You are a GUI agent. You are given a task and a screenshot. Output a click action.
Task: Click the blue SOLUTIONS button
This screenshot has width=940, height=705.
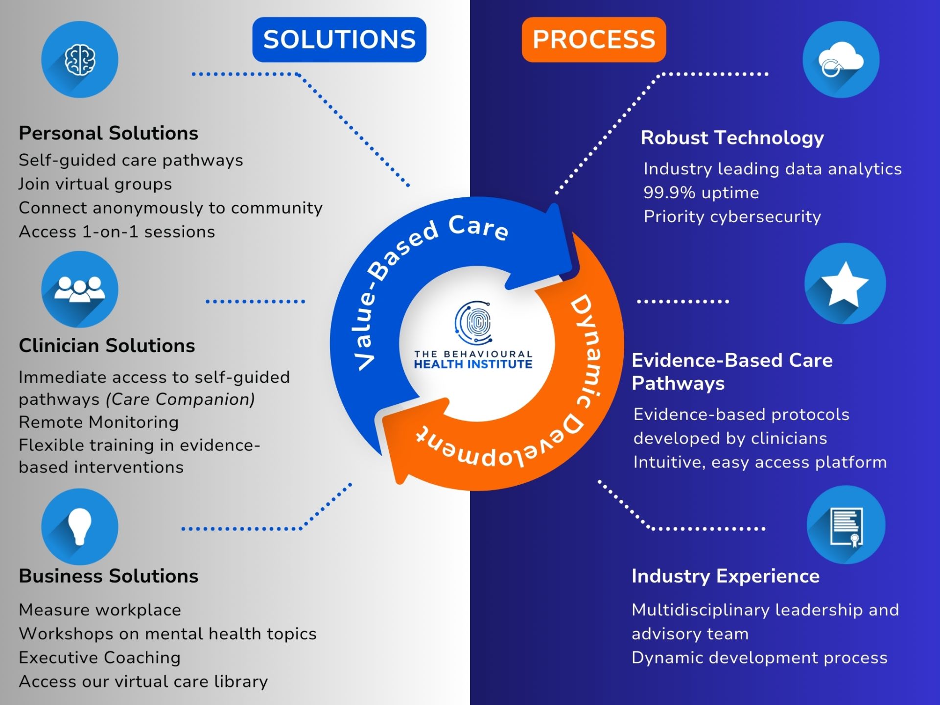(x=339, y=40)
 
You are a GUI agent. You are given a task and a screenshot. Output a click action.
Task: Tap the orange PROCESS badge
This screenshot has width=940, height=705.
(x=593, y=40)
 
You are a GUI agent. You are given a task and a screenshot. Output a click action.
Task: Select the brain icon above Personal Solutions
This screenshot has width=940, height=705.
(x=80, y=60)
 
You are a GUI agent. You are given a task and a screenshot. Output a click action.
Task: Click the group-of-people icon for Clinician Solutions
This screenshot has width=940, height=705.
(x=80, y=289)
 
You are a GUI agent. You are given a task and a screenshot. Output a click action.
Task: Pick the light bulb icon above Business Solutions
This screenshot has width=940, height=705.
(x=80, y=526)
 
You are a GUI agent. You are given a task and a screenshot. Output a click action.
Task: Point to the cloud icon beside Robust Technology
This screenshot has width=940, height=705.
(x=841, y=60)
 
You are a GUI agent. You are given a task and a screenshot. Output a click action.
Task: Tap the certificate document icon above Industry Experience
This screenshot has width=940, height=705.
(x=846, y=525)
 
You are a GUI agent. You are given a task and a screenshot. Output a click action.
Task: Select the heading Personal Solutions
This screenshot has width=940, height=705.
(x=108, y=133)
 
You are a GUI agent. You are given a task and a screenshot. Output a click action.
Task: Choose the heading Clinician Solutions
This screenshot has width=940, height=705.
(x=107, y=346)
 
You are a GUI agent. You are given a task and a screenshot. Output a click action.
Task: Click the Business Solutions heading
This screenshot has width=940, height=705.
(x=108, y=576)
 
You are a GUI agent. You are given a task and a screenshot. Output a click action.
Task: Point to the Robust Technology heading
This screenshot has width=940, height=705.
(x=732, y=138)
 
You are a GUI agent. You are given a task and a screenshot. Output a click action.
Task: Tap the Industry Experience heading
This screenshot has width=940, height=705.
(x=725, y=576)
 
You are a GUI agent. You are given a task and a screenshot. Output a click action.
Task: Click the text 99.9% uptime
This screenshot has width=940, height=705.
(x=701, y=193)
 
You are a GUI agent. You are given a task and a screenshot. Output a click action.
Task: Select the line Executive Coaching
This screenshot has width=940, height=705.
(x=99, y=658)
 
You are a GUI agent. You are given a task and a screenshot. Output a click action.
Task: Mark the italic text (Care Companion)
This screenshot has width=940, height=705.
(x=180, y=399)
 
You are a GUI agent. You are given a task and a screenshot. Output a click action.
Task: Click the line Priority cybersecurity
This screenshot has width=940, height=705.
(x=732, y=216)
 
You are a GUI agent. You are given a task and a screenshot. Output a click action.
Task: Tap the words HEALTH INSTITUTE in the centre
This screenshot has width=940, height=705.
(x=473, y=364)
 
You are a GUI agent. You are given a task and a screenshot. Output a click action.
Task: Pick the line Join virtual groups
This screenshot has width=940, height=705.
(x=95, y=184)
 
